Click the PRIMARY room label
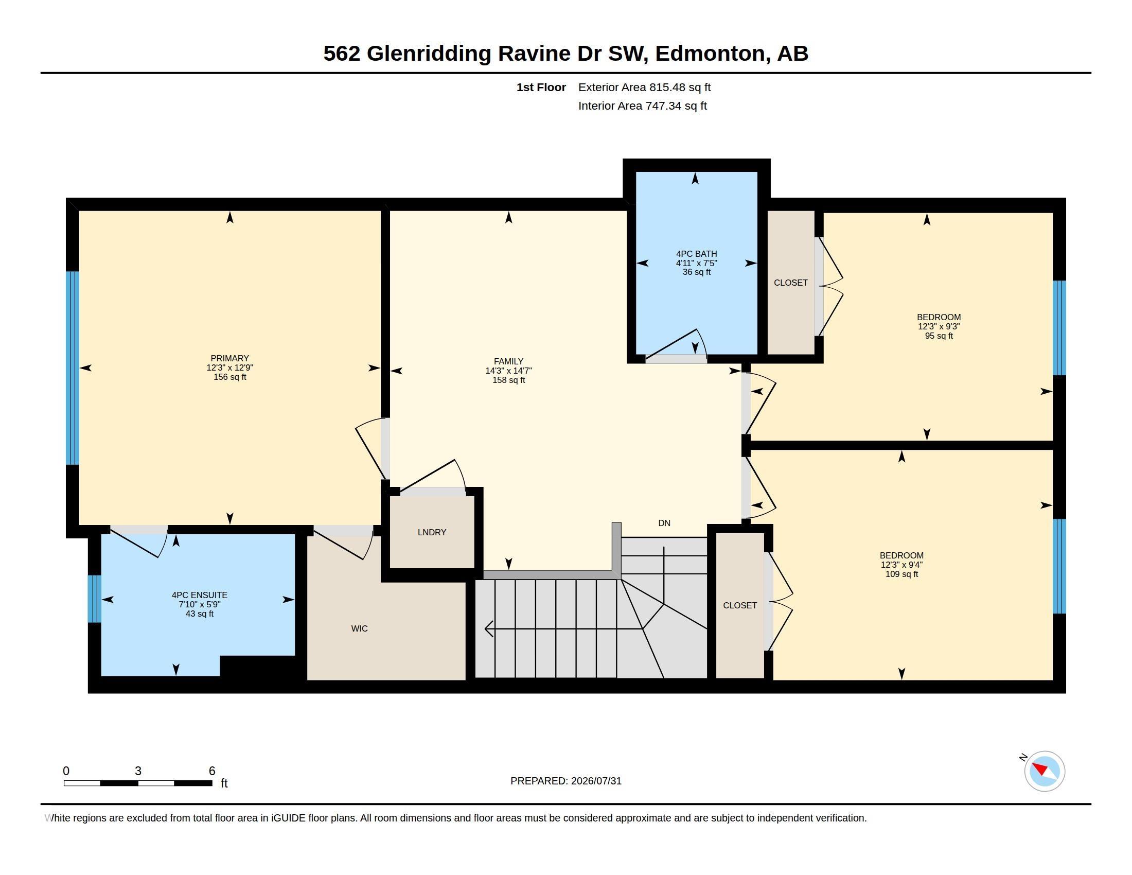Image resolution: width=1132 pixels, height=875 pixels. pos(229,358)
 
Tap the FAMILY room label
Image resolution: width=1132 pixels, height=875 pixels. pos(508,361)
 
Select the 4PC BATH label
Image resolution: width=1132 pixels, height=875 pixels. pos(696,253)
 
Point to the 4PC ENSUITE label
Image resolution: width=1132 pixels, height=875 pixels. pos(200,595)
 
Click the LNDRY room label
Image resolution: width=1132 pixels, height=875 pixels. pos(432,532)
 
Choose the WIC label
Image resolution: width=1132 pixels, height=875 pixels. pos(359,629)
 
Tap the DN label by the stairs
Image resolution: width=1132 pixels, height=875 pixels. pos(664,523)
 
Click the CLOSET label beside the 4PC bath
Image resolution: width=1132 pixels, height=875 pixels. pos(790,283)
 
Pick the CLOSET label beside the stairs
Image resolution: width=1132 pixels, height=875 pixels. pos(739,605)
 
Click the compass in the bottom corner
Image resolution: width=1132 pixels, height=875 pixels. pos(1044,771)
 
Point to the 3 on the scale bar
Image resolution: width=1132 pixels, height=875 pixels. pos(138,771)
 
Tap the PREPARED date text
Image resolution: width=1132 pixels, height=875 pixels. pos(565,781)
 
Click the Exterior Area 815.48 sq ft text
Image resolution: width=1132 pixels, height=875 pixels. pos(644,87)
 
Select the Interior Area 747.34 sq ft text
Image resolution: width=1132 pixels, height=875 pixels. pos(642,106)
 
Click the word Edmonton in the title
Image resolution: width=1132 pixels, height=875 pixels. pos(710,54)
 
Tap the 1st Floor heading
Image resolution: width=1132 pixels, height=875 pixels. pos(541,87)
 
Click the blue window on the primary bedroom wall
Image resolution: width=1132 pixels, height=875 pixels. pos(73,368)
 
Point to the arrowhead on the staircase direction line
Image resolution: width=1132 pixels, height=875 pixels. pos(488,629)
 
